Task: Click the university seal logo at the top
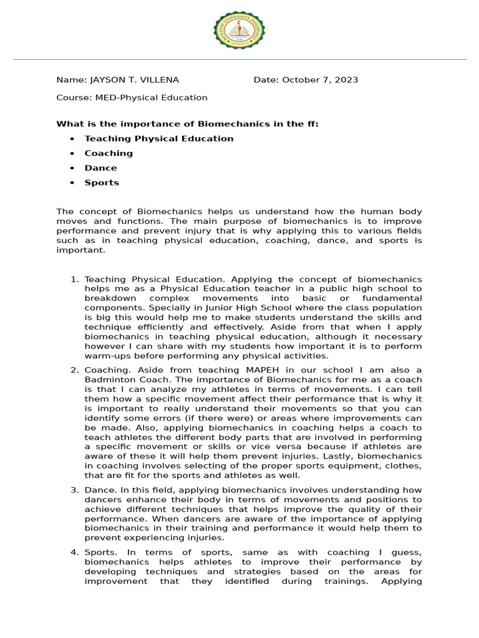(x=239, y=31)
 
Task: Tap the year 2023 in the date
(x=346, y=80)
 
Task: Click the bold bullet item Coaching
(x=109, y=153)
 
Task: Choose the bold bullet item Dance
(x=100, y=168)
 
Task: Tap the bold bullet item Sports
(x=102, y=183)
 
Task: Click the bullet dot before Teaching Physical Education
(x=73, y=139)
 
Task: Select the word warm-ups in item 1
(x=105, y=356)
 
